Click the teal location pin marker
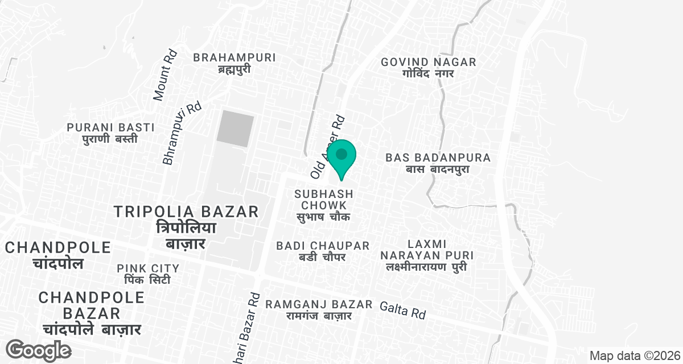341,157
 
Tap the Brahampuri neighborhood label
234,63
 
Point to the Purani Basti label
102,133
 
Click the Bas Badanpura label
438,163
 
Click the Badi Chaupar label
323,251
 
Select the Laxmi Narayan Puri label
427,255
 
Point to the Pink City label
148,274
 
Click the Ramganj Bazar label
319,310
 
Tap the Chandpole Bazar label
91,313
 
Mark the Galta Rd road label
403,309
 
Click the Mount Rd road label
166,75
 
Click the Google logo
39,349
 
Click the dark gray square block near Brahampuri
236,129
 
